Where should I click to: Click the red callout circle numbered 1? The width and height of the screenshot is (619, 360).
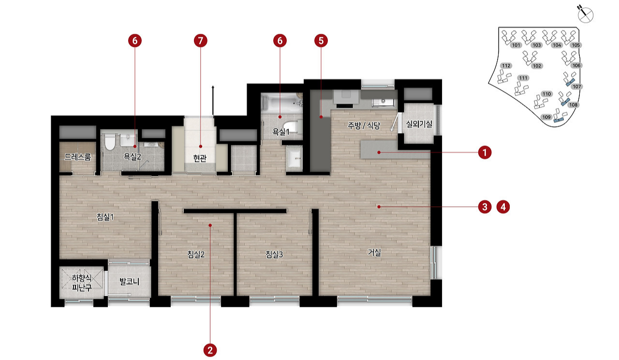tap(485, 152)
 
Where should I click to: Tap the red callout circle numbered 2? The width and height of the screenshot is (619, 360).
tap(210, 350)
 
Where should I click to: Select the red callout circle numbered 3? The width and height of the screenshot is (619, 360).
tap(485, 207)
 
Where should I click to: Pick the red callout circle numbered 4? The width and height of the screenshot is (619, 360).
tap(503, 207)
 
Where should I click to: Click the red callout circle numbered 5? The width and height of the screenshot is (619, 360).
tap(321, 41)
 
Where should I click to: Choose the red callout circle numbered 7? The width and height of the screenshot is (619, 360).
tap(201, 41)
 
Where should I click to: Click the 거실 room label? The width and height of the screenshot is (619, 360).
tap(374, 252)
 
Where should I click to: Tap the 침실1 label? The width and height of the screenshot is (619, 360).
tap(105, 217)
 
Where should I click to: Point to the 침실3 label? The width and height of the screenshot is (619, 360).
tap(274, 254)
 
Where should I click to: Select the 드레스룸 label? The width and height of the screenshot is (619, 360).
tap(78, 157)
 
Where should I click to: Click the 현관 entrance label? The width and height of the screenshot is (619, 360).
tap(200, 158)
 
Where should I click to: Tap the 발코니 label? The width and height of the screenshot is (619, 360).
tap(129, 282)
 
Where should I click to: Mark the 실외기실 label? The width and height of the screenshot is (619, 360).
tap(419, 124)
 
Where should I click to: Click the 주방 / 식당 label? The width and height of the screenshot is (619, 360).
tap(364, 126)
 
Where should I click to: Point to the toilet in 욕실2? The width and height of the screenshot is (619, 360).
tap(110, 142)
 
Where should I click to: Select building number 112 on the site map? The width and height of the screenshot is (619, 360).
tap(506, 66)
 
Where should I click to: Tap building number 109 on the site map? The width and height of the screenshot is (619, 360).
tap(546, 117)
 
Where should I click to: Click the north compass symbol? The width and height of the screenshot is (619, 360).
tap(585, 14)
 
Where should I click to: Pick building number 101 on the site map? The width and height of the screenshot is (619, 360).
tap(516, 45)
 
